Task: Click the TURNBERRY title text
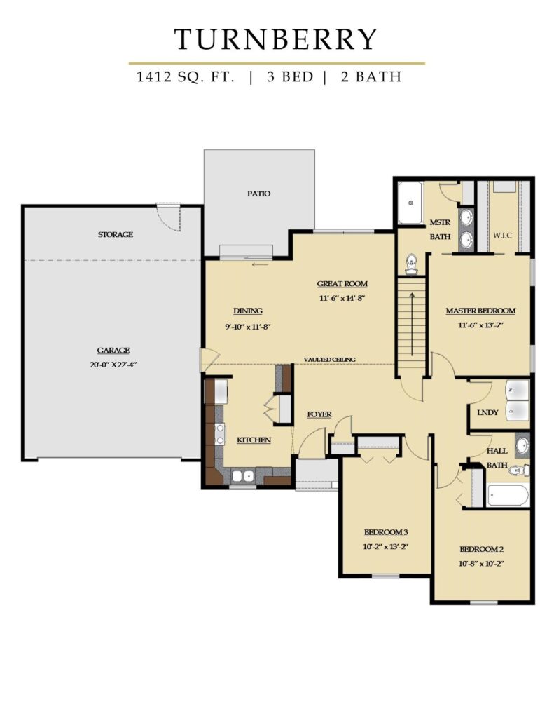[x=276, y=39]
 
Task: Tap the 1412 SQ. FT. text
[x=186, y=76]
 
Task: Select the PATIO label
[x=259, y=194]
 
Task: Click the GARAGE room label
[x=113, y=351]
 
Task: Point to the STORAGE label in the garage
[x=116, y=234]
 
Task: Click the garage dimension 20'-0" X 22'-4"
[x=113, y=365]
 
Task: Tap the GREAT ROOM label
[x=342, y=284]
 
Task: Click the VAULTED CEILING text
[x=329, y=360]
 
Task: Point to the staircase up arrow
[x=412, y=323]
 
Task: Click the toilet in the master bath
[x=412, y=264]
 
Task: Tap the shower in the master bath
[x=410, y=203]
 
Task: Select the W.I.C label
[x=502, y=236]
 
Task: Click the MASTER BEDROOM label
[x=480, y=311]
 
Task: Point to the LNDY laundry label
[x=487, y=412]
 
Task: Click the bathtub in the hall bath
[x=508, y=495]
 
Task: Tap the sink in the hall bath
[x=522, y=445]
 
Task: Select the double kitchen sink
[x=243, y=476]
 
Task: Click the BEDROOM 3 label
[x=386, y=532]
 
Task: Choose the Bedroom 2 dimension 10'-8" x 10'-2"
[x=481, y=564]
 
